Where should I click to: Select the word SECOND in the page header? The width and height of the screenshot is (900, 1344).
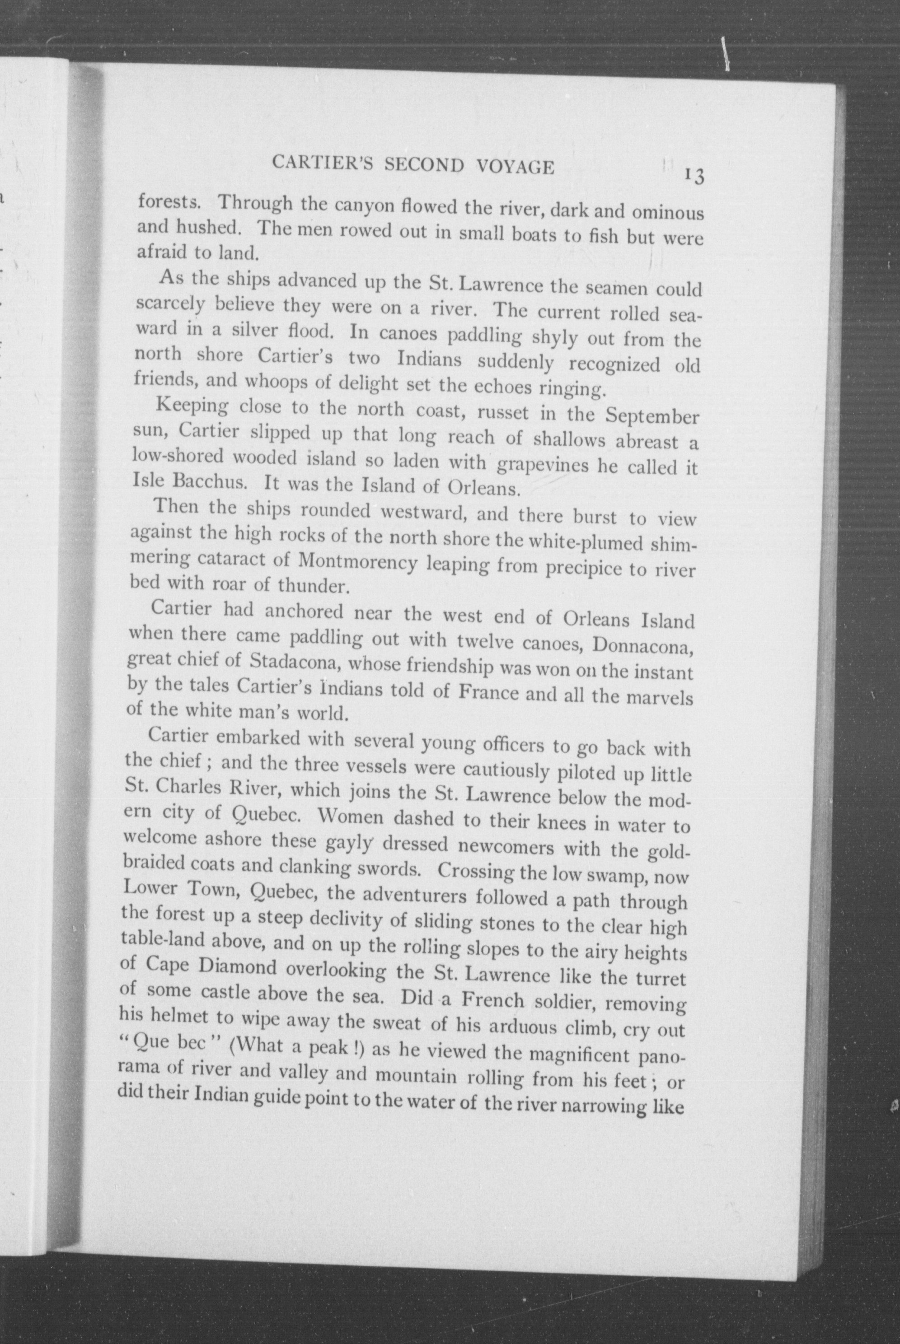tap(424, 165)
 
